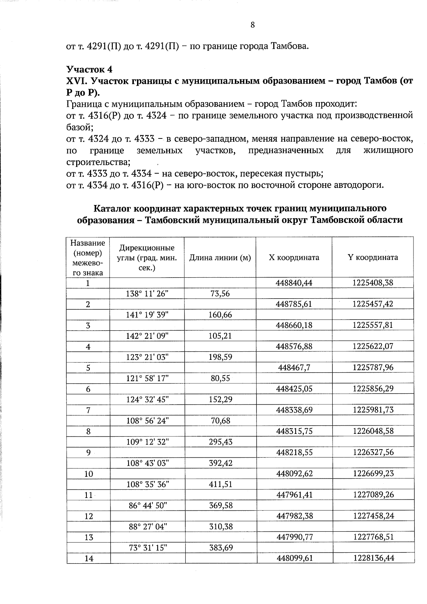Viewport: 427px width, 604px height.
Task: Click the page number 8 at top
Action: pyautogui.click(x=253, y=25)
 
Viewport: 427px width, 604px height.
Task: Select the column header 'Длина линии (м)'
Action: pyautogui.click(x=220, y=258)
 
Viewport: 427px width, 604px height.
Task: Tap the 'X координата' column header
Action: pyautogui.click(x=294, y=258)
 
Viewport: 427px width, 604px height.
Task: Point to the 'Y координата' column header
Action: pyautogui.click(x=373, y=257)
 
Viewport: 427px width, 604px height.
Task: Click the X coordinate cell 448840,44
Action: pyautogui.click(x=294, y=283)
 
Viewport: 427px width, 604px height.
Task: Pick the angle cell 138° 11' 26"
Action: pyautogui.click(x=147, y=294)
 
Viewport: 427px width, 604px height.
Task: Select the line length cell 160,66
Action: pyautogui.click(x=220, y=315)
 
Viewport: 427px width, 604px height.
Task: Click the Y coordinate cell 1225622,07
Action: pyautogui.click(x=373, y=346)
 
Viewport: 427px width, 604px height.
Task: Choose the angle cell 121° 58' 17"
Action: pyautogui.click(x=147, y=378)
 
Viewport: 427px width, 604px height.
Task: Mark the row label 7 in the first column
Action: pyautogui.click(x=88, y=410)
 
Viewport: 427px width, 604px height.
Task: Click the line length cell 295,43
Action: pyautogui.click(x=220, y=442)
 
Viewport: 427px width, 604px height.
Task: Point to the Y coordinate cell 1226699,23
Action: pyautogui.click(x=373, y=473)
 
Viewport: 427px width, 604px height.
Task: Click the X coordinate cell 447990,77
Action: pyautogui.click(x=295, y=537)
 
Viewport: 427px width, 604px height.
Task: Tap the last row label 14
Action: pyautogui.click(x=89, y=558)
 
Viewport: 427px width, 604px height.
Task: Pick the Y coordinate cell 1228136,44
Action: pyautogui.click(x=374, y=558)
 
